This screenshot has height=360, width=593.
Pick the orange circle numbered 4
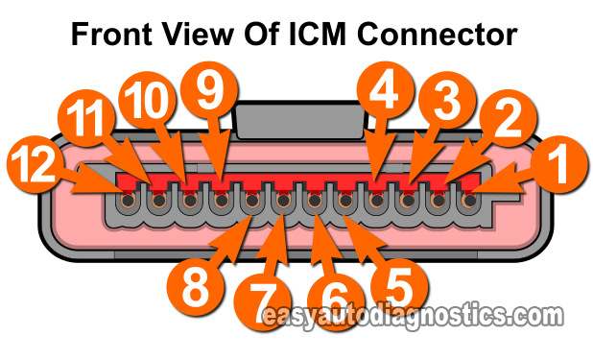(389, 92)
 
